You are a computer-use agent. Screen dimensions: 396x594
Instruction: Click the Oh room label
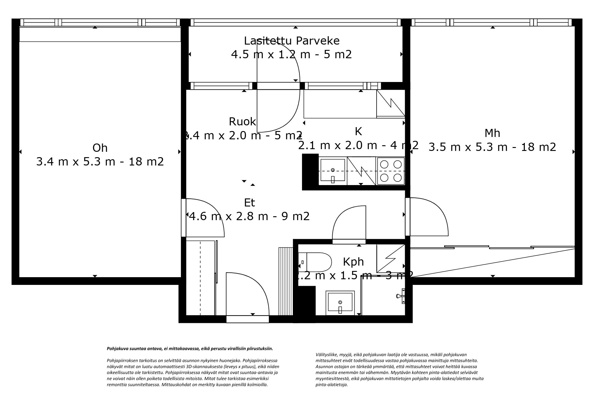pyautogui.click(x=100, y=148)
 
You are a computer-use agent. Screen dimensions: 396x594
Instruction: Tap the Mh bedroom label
pyautogui.click(x=492, y=133)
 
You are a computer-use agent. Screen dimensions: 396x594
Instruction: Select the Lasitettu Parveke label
pyautogui.click(x=292, y=41)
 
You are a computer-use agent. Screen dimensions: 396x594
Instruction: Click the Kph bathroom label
pyautogui.click(x=353, y=262)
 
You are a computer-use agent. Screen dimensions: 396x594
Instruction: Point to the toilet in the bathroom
pyautogui.click(x=317, y=262)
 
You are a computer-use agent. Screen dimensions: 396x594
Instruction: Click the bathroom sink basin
pyautogui.click(x=340, y=303)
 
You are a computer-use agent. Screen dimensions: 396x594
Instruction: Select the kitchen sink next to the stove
pyautogui.click(x=332, y=171)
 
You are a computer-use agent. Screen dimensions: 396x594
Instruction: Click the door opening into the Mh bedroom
pyautogui.click(x=428, y=217)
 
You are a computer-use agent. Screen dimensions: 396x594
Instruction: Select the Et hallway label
pyautogui.click(x=249, y=203)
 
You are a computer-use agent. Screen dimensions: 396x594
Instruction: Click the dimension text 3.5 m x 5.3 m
pyautogui.click(x=492, y=147)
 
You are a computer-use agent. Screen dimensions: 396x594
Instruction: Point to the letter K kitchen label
pyautogui.click(x=358, y=131)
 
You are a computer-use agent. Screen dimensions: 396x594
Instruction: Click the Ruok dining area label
pyautogui.click(x=242, y=122)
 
